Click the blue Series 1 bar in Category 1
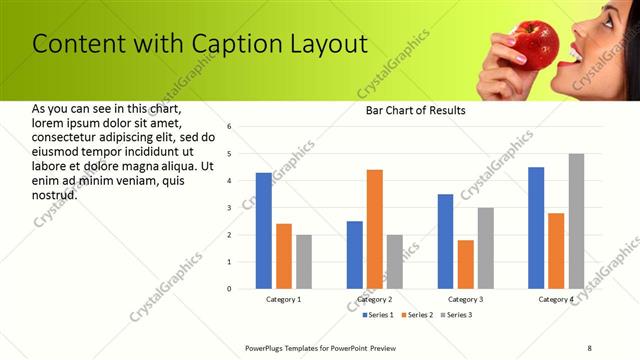tap(264, 231)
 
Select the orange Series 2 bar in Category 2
tap(375, 229)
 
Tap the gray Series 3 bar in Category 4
tap(576, 221)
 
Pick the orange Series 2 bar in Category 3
tap(465, 264)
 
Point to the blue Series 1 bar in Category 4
tap(536, 228)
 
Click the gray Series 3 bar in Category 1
tap(304, 262)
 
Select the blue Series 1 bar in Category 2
tap(355, 255)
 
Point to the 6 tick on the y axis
tap(230, 127)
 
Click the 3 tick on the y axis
tap(230, 208)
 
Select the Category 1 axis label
tap(284, 299)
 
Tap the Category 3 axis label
tap(465, 299)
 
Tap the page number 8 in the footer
tap(589, 347)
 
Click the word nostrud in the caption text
tap(55, 195)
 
